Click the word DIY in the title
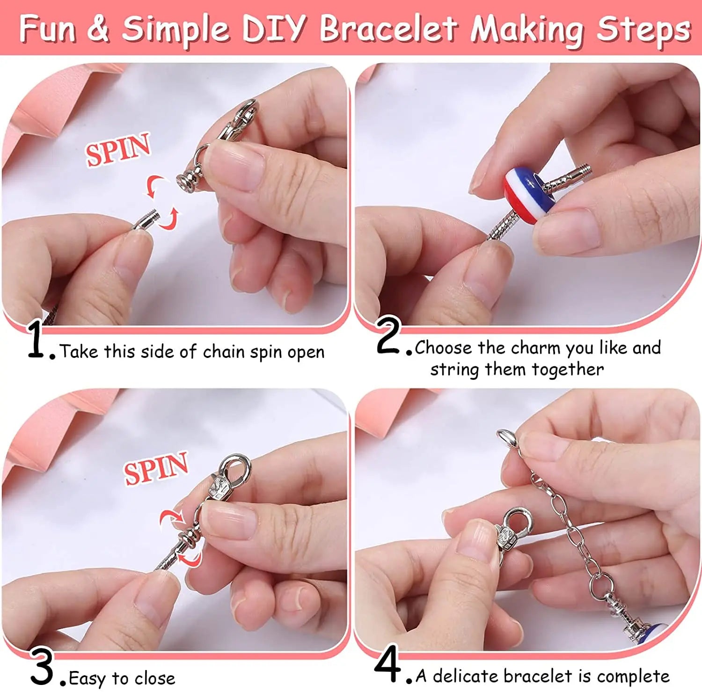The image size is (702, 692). point(274,29)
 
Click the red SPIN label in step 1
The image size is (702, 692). point(118,149)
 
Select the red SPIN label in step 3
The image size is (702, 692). point(156,468)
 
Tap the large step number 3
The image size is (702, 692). point(43,666)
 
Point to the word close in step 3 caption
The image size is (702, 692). point(154,678)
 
